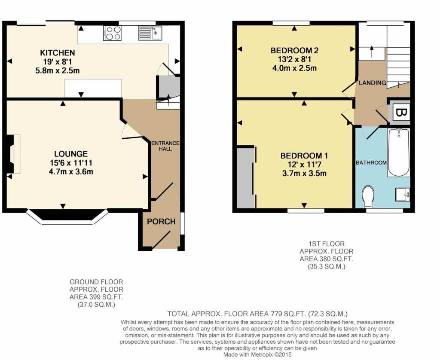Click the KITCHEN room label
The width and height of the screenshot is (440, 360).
[x=58, y=53]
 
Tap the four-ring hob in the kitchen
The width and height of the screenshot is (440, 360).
[x=112, y=33]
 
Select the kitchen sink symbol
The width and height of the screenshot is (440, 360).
[x=149, y=33]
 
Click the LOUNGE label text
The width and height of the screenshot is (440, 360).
[x=71, y=154]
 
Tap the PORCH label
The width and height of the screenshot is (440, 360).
[x=161, y=222]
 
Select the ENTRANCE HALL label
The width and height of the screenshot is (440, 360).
[x=165, y=146]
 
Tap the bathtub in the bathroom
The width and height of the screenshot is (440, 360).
[x=398, y=153]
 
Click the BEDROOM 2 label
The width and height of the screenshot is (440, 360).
[x=294, y=51]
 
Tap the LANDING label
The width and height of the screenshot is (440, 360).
[x=372, y=83]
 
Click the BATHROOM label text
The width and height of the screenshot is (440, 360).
[x=371, y=163]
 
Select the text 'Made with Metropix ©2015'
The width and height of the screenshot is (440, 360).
[x=257, y=355]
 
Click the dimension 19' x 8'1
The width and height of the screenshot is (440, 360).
[x=58, y=61]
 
